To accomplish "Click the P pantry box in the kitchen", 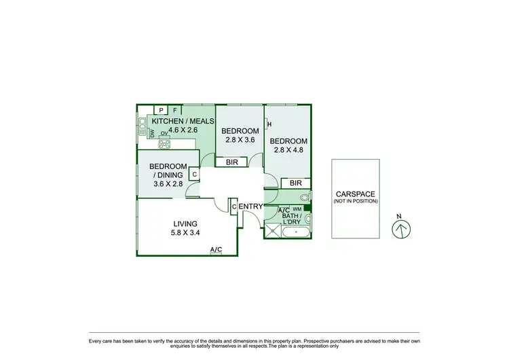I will coord(162,110).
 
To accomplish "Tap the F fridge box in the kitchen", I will coord(175,110).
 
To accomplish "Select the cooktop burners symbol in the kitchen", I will coord(164,143).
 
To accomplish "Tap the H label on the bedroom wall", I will coord(269,124).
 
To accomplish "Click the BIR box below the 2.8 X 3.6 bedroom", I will coord(231,162).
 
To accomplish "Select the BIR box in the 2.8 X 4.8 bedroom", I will coord(295,183).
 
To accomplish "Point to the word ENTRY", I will coord(250,206).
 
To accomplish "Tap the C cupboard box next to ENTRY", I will coord(233,206).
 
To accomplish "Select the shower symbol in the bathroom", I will coord(273,231).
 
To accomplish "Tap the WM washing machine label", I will coord(297,209).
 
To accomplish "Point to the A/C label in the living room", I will coord(216,250).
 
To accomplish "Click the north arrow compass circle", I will coord(400,229).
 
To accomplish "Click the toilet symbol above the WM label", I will coord(305,198).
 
